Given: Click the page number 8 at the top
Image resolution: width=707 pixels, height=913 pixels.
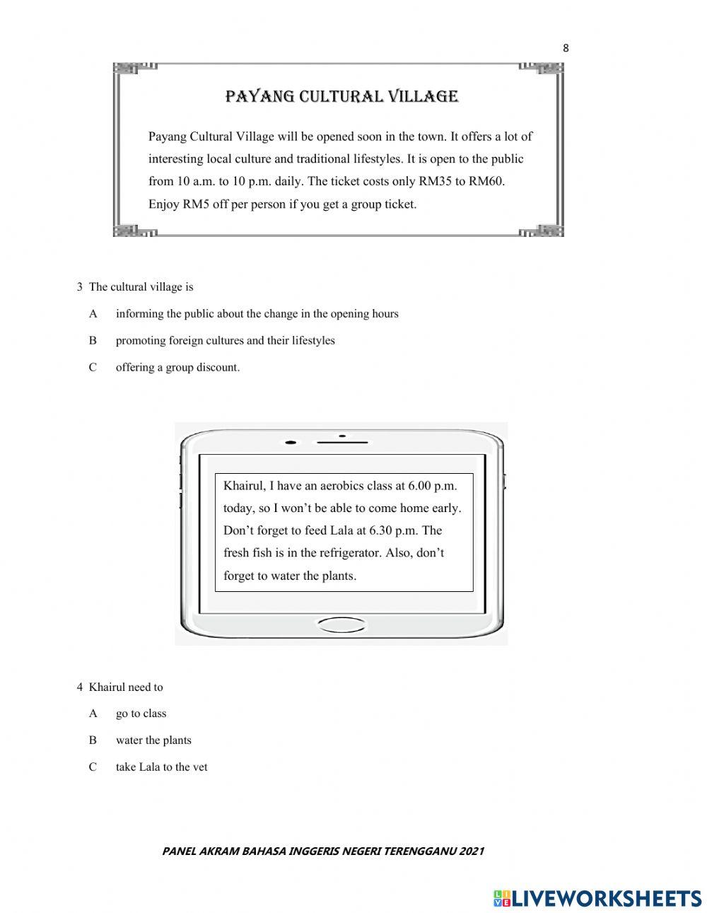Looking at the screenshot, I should tap(565, 48).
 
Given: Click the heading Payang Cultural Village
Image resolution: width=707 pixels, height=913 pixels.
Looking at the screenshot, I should tap(341, 96).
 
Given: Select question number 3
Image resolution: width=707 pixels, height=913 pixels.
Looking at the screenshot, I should tap(80, 287).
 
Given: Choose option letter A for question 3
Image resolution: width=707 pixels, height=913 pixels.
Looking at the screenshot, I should tap(93, 314).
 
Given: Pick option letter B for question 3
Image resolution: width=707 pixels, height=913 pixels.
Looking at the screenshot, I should tap(93, 341).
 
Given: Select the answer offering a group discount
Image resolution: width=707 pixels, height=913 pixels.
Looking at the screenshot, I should tap(177, 368).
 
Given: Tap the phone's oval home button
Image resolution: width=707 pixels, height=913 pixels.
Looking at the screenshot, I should tap(341, 624).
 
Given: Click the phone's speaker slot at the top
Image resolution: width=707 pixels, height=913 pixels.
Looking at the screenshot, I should tap(341, 443).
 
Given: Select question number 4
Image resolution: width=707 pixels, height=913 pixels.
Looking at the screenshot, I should tap(80, 687).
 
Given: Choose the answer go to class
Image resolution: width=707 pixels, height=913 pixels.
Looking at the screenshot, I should tap(141, 714).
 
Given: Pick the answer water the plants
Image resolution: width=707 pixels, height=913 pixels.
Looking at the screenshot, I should tap(153, 740).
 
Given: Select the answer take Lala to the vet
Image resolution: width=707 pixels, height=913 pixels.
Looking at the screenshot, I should tap(161, 767).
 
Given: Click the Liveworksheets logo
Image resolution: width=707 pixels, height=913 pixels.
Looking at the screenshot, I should tap(597, 898).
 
